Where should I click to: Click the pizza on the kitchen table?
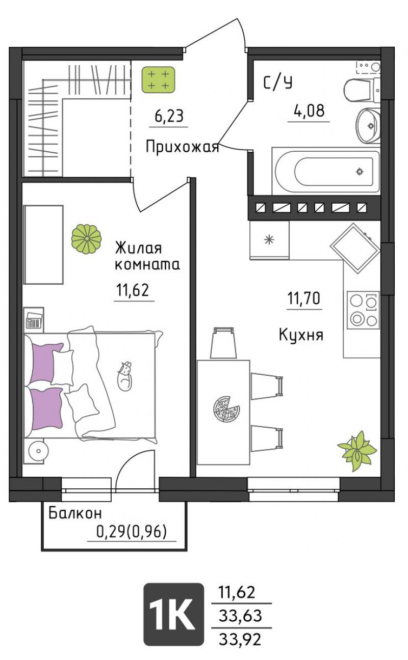pos(226,408)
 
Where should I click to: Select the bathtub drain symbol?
pos(360,171)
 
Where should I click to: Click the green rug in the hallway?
pos(158,80)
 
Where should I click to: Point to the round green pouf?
pos(86,239)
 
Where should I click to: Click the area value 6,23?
pos(169,116)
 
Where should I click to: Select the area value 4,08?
pos(309,111)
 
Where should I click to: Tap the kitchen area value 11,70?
pos(304,298)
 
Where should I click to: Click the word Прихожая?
pos(183,147)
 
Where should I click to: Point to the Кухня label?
pos(301,335)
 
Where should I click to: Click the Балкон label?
pos(75,513)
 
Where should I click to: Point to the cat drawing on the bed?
pos(125,376)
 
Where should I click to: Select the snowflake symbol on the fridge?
pos(269,239)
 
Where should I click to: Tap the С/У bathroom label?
pos(278,82)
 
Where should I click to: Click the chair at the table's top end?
pos(223,343)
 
